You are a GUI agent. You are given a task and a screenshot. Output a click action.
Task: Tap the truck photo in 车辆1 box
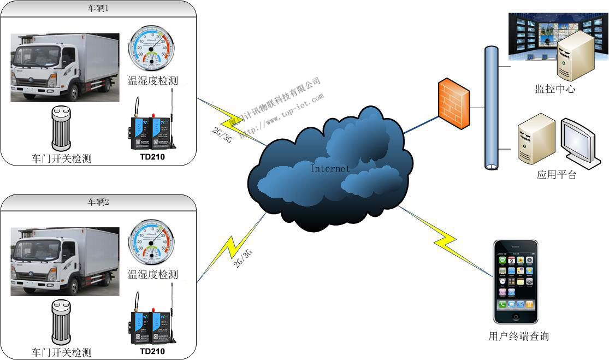(x=64, y=68)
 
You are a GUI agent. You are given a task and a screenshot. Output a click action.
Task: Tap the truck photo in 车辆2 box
(x=64, y=262)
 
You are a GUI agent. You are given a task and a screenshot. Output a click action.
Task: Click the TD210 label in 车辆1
(x=152, y=158)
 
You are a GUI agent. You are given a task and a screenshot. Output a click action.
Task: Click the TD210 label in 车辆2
(x=152, y=351)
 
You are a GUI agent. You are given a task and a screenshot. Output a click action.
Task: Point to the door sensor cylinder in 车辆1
(x=62, y=128)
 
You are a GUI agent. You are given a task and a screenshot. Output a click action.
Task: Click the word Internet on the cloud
(x=330, y=168)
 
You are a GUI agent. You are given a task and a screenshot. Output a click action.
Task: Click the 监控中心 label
(x=555, y=89)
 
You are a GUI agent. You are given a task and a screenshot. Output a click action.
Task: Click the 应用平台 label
(x=556, y=175)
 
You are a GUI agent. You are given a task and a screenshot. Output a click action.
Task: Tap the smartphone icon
(x=516, y=282)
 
